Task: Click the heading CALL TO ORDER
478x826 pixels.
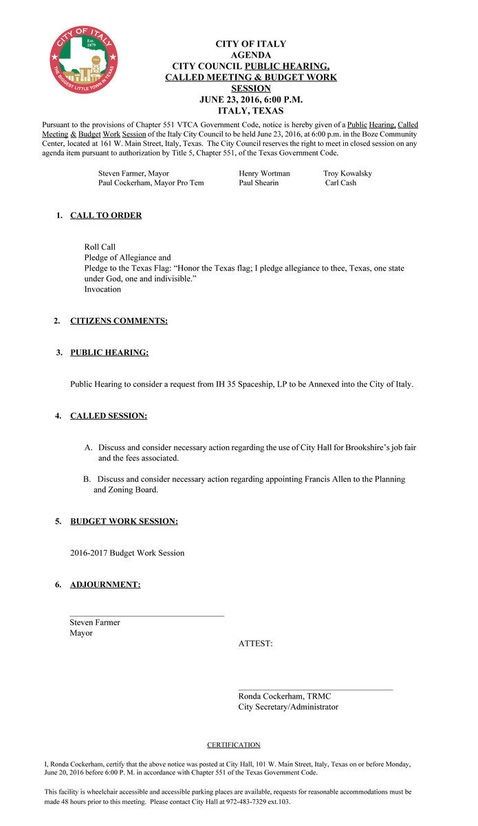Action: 106,215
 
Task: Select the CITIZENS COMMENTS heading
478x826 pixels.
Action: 118,321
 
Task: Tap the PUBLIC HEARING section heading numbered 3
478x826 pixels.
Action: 109,352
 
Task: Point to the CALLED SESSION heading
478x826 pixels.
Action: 109,416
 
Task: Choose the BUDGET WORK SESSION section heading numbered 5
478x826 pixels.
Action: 124,521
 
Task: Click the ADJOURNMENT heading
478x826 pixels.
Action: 105,584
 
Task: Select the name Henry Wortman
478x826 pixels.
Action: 264,173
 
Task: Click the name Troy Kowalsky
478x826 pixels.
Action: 347,173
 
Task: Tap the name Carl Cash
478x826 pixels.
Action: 340,183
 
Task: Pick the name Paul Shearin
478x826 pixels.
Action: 259,183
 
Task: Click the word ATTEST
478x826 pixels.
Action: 255,644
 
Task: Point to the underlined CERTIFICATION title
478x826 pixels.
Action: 234,745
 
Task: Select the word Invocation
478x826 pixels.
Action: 102,289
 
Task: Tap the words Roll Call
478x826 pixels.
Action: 100,246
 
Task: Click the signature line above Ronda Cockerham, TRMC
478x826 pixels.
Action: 315,689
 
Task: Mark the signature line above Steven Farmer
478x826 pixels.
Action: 146,615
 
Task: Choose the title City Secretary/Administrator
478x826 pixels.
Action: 288,707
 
